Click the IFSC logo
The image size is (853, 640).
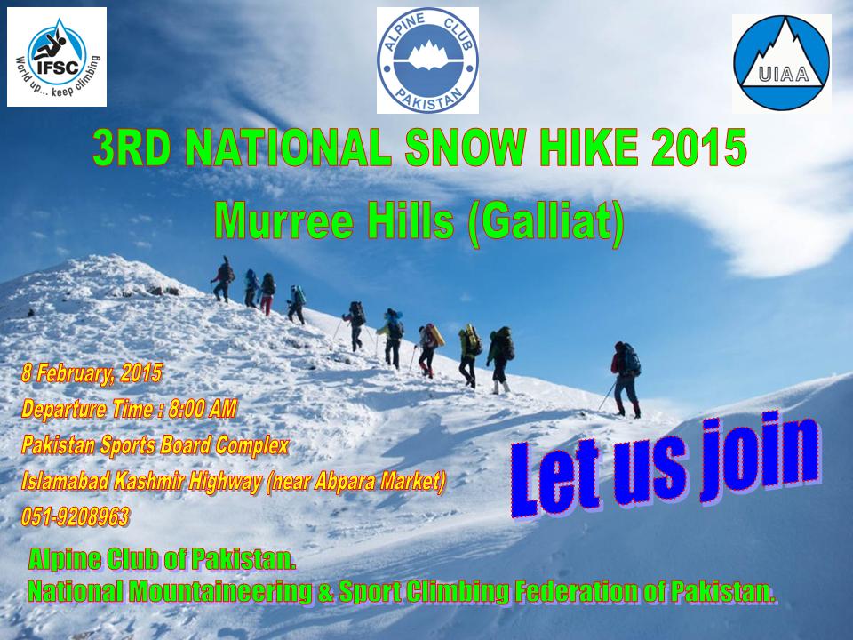[x=57, y=57]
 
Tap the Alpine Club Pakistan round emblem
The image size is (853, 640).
[x=427, y=60]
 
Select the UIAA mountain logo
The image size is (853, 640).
[x=782, y=62]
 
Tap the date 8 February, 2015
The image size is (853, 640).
[x=92, y=372]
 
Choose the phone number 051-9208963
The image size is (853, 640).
[x=76, y=516]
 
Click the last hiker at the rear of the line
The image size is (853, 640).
[x=625, y=380]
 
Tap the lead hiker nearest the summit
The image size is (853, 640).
[x=222, y=279]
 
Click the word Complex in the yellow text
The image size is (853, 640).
[x=251, y=445]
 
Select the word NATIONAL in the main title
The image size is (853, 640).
[x=288, y=148]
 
